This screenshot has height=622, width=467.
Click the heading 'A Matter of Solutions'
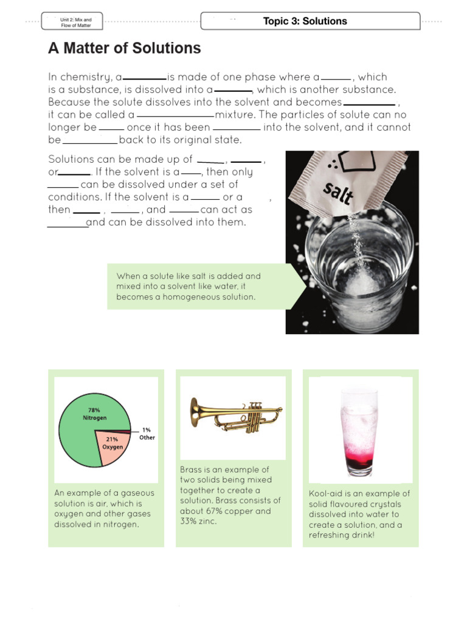click(124, 49)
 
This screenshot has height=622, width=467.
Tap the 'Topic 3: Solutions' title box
click(310, 21)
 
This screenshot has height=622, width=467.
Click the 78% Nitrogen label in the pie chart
click(94, 414)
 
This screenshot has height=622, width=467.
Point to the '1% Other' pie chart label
click(147, 434)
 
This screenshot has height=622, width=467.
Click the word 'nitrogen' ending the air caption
click(120, 524)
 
